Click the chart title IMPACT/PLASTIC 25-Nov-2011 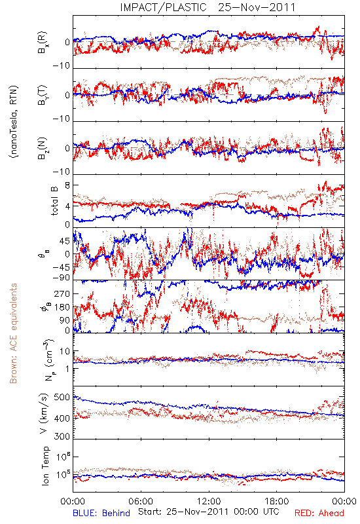tap(207, 7)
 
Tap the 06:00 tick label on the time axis tap(141, 501)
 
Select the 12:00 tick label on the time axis tap(209, 501)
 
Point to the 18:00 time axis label tap(277, 501)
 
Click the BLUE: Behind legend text tap(101, 513)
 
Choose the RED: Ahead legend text tap(319, 513)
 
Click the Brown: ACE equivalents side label tap(13, 333)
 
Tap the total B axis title tap(54, 200)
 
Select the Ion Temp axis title tap(45, 466)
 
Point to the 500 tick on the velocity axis tap(62, 398)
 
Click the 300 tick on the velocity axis tap(62, 436)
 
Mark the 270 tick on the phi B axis tap(62, 293)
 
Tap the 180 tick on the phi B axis tap(62, 307)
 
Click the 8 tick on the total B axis tap(67, 185)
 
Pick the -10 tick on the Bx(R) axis tap(62, 66)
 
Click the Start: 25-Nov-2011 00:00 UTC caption tap(208, 512)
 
